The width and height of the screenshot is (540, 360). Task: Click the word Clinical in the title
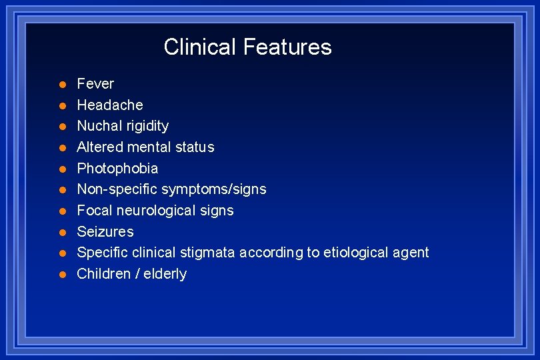(200, 47)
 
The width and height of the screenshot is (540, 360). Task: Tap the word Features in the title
(287, 47)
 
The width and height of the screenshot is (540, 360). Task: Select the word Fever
(95, 84)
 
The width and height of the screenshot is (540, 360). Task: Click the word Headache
(110, 105)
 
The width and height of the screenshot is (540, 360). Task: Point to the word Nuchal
(97, 126)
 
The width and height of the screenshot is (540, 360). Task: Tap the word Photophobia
(117, 168)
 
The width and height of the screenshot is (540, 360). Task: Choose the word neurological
(155, 211)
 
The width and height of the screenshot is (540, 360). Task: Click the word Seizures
(105, 231)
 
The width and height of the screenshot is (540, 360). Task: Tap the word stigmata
(210, 253)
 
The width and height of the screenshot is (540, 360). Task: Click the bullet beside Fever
(62, 84)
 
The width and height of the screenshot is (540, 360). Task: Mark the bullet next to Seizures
(62, 232)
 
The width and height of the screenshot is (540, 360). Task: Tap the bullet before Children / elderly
(62, 274)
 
